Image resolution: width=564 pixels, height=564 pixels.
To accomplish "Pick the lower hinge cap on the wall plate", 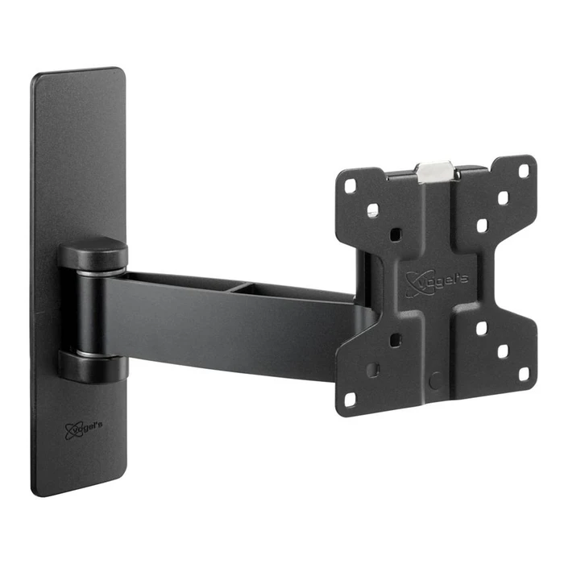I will pyautogui.click(x=92, y=366).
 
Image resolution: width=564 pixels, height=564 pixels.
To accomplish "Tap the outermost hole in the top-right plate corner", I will pyautogui.click(x=524, y=171).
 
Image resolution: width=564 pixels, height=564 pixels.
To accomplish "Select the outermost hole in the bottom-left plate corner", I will pyautogui.click(x=350, y=397).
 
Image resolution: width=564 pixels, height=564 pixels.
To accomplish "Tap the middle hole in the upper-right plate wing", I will pyautogui.click(x=503, y=197).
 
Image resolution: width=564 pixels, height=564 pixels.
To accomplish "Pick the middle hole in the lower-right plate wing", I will pyautogui.click(x=503, y=351).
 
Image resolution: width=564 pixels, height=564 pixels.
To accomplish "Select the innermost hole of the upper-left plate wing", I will pyautogui.click(x=394, y=234).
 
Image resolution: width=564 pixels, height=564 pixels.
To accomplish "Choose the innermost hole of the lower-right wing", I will pyautogui.click(x=481, y=329).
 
